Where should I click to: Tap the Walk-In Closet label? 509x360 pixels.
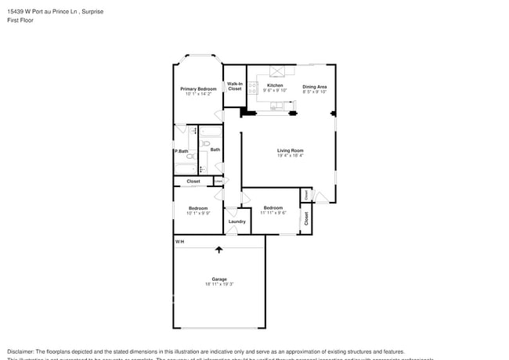(x=235, y=87)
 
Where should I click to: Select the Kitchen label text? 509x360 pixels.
(x=275, y=85)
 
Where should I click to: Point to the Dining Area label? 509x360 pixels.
(x=315, y=86)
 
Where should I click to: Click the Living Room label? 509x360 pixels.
(x=290, y=150)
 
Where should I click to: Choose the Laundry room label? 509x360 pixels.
(x=236, y=221)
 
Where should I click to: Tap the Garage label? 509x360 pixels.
(x=218, y=279)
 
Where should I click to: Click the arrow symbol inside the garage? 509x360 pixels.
(x=218, y=250)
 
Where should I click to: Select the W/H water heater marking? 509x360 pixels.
(x=179, y=241)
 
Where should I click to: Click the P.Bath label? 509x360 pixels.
(x=181, y=151)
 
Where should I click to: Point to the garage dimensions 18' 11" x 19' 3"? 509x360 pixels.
(x=218, y=284)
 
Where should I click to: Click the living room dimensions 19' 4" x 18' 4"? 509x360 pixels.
(x=290, y=156)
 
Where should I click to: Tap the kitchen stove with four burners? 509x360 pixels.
(x=254, y=90)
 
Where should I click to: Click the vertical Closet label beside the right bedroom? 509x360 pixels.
(x=306, y=218)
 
